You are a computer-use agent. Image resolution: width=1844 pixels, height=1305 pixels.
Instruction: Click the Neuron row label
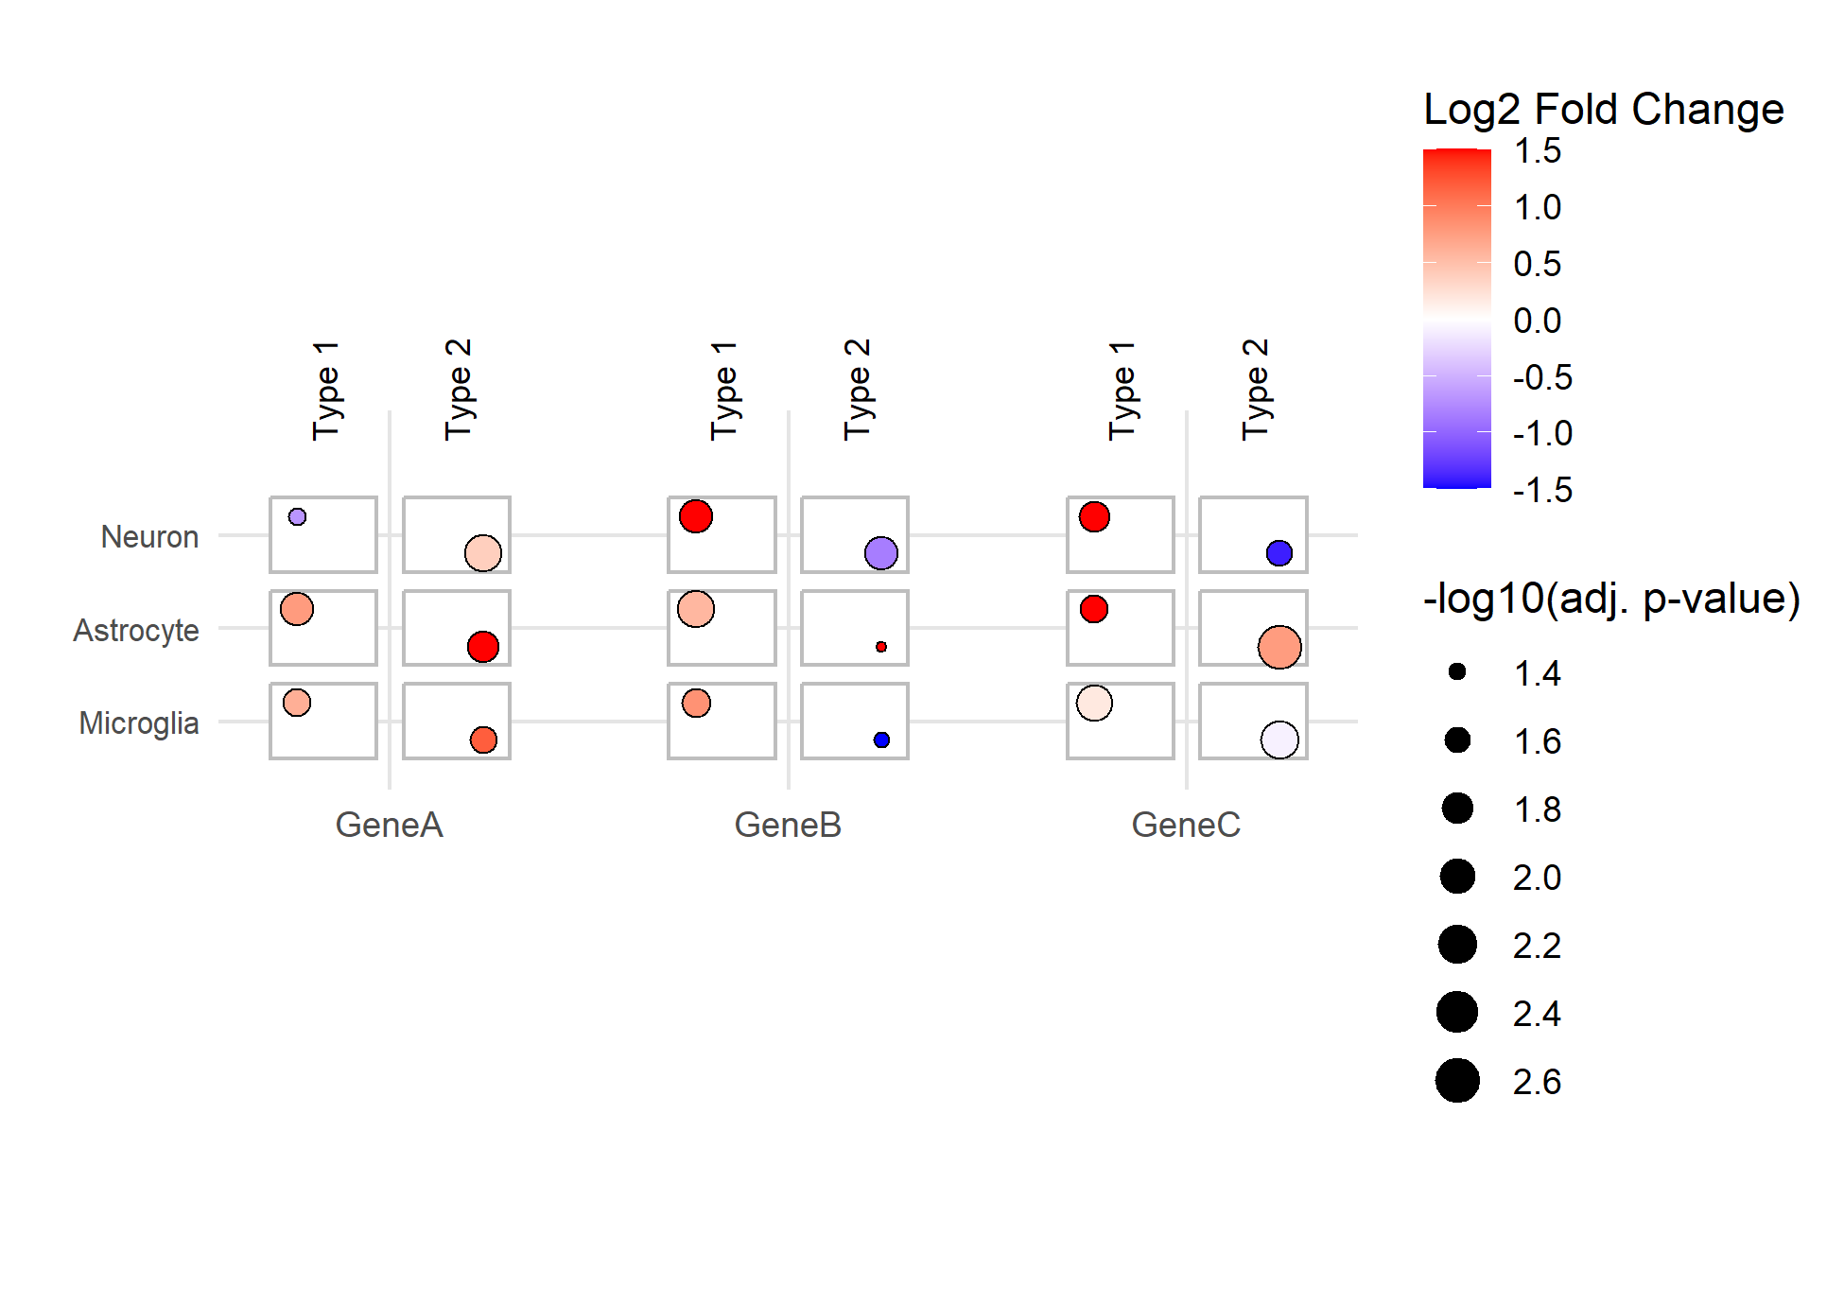[x=149, y=537]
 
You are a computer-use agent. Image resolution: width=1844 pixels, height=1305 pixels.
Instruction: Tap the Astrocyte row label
[x=136, y=631]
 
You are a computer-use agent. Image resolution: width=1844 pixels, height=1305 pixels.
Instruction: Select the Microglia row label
[x=139, y=723]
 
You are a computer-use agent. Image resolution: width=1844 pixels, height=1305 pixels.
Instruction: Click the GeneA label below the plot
[x=389, y=825]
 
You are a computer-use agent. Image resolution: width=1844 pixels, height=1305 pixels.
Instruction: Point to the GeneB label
[x=788, y=825]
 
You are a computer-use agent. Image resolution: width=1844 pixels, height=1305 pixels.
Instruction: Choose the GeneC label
[x=1186, y=825]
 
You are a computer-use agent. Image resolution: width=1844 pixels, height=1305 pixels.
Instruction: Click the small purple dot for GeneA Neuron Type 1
[x=297, y=517]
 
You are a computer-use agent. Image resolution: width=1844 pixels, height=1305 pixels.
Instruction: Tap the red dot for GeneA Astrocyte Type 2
[x=483, y=647]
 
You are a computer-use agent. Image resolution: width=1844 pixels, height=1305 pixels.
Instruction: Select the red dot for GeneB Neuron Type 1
[x=696, y=516]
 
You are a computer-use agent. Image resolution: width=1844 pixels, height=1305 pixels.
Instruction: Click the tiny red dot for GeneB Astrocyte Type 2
[x=881, y=647]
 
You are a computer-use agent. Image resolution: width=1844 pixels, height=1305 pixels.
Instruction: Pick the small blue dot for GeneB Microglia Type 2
[x=881, y=739]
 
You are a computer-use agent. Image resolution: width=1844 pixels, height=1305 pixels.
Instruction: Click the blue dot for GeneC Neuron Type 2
[x=1279, y=553]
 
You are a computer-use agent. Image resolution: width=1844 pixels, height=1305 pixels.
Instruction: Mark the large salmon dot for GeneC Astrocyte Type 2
[x=1279, y=647]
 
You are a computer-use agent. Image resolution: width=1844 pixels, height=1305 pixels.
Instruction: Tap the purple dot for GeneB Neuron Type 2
[x=881, y=553]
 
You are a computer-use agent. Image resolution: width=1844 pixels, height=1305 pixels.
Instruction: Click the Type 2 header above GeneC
[x=1255, y=390]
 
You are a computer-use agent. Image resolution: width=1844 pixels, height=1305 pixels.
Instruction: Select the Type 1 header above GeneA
[x=325, y=391]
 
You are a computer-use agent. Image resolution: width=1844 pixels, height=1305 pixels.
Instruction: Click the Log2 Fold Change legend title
[x=1604, y=110]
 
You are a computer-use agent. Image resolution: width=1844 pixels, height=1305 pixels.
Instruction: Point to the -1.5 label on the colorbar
[x=1542, y=490]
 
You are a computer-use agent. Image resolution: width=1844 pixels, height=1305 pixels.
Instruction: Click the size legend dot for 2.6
[x=1457, y=1081]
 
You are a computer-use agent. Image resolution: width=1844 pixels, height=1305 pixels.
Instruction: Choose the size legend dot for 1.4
[x=1457, y=671]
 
